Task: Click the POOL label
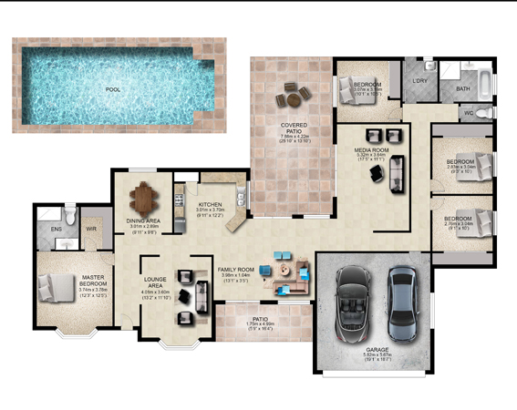pos(113,90)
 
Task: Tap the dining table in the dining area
pos(144,196)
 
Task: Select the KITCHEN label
pos(209,204)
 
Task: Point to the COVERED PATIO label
pos(292,127)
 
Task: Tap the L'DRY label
pos(420,83)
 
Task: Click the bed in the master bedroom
pos(63,289)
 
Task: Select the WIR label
pos(90,230)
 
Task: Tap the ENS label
pos(56,230)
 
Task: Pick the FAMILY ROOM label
pos(234,271)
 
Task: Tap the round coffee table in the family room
pos(294,270)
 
